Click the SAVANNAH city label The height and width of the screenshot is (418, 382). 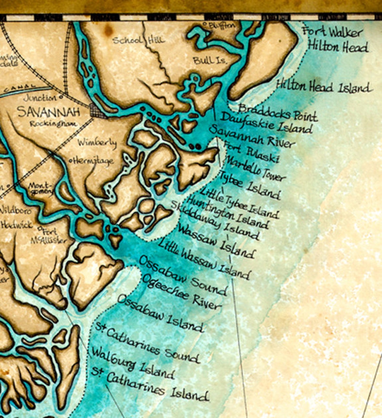tap(48, 111)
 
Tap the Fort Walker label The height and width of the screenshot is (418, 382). tap(333, 32)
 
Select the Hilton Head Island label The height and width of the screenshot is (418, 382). tap(324, 87)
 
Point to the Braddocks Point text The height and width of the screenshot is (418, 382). tap(277, 112)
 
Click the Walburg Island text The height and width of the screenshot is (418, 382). tap(133, 363)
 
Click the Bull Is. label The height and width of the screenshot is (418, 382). tap(210, 61)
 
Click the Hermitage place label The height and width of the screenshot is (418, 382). tap(92, 161)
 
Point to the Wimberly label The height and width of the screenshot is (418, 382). tap(97, 143)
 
